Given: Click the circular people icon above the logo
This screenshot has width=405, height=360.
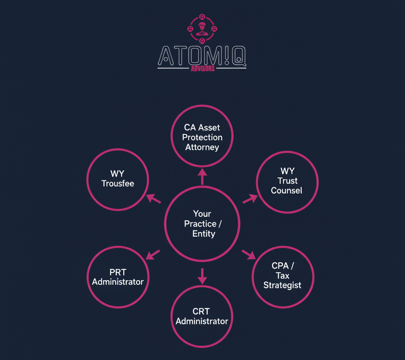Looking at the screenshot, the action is coord(202,29).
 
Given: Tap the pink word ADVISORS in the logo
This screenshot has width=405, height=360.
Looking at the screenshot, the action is coord(202,68).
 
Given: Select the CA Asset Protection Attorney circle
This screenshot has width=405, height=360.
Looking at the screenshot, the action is coord(202,136).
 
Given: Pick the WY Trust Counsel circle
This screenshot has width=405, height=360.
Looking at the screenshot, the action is coord(287,182).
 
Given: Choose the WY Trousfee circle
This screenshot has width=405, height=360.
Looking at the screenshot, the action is coord(117,179).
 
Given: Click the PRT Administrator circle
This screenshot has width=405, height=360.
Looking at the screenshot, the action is coord(118,277).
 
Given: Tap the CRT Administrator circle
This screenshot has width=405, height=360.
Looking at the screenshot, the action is coord(202,316).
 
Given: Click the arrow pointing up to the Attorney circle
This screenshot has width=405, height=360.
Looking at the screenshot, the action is coord(202,176).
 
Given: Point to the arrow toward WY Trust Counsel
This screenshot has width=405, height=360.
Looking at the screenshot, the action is coord(250,198).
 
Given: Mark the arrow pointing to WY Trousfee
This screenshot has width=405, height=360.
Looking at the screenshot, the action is coord(153,198).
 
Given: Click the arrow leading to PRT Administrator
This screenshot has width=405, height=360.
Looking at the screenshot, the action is coord(153,254).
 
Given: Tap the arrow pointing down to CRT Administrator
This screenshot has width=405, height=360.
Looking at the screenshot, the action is coord(202,276).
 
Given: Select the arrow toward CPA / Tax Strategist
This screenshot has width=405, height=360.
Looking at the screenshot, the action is coord(249,254).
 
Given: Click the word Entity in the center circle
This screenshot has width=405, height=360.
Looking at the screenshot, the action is coord(203,234).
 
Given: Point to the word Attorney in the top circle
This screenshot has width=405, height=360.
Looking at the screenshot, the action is coord(202,147).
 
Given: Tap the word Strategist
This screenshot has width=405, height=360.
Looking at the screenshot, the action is coord(282,285).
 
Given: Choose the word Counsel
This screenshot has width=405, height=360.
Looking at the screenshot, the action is coord(287,190).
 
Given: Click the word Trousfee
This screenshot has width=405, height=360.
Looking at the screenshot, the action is coord(117,184).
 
